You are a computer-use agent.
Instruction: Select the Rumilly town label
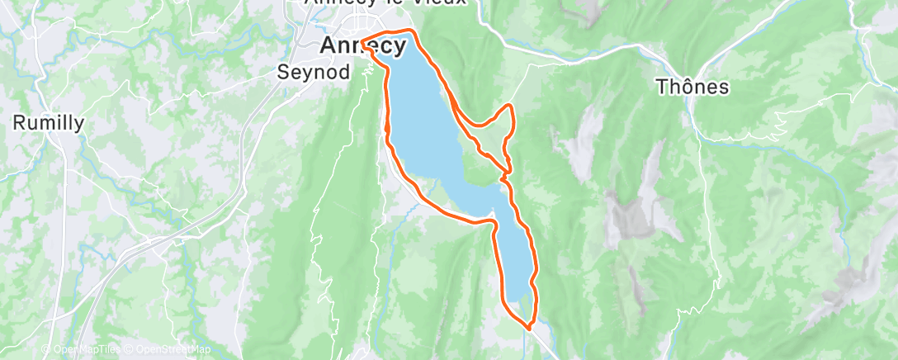(49, 123)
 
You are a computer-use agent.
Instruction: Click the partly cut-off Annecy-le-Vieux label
(385, 3)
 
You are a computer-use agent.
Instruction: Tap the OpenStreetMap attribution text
(167, 349)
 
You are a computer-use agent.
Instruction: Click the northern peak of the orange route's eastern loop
(510, 107)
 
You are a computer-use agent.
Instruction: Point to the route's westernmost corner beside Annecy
(362, 38)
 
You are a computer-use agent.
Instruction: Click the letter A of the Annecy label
(327, 45)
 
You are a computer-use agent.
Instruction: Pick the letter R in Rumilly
(19, 123)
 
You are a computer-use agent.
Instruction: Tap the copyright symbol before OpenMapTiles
(46, 349)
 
